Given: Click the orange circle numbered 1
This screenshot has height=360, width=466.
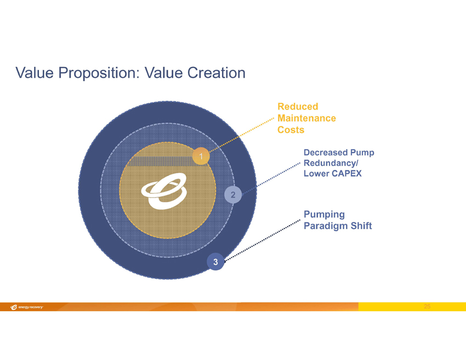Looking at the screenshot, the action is [x=201, y=156].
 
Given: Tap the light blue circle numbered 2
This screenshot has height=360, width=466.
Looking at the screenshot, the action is [x=233, y=195].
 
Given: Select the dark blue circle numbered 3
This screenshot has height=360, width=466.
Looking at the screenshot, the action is [x=215, y=261].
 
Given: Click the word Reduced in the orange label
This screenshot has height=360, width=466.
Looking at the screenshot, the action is [x=298, y=106].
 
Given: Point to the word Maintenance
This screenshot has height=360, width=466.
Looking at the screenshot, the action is [x=306, y=118].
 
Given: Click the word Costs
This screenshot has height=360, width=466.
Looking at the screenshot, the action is [x=291, y=130].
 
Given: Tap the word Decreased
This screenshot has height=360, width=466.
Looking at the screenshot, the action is [x=326, y=152].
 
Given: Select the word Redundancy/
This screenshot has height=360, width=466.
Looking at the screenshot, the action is [x=331, y=163].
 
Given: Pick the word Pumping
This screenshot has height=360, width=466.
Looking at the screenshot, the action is [x=324, y=215].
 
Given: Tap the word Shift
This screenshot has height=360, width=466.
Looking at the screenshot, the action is [x=361, y=226].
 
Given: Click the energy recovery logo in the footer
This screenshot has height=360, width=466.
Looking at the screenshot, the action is [x=27, y=307].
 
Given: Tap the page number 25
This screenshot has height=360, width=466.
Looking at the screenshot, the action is [x=427, y=306].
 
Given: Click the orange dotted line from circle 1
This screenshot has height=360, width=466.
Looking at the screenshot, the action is [x=241, y=135].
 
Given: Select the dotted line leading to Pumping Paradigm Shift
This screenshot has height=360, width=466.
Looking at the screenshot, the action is [x=262, y=241].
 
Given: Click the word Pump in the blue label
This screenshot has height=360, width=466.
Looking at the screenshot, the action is [x=362, y=153].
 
